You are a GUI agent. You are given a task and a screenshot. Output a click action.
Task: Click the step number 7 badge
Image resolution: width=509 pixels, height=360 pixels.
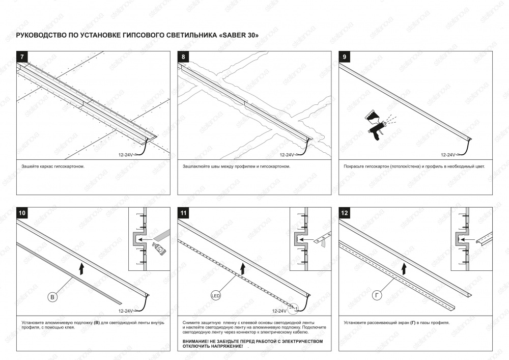click(22, 57)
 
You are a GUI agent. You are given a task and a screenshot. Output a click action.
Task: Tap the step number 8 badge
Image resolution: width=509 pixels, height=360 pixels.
click(183, 57)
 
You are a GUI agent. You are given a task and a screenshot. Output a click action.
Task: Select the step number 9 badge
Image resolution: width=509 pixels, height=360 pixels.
click(345, 57)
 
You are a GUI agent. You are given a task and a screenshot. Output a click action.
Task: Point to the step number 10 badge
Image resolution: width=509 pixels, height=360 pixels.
click(22, 213)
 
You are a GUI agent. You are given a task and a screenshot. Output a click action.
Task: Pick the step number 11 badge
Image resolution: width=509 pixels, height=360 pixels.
click(183, 213)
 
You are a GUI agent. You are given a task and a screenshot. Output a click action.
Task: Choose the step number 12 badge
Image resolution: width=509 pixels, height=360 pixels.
click(345, 213)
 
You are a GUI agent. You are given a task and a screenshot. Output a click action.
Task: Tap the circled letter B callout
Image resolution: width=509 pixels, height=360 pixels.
click(52, 297)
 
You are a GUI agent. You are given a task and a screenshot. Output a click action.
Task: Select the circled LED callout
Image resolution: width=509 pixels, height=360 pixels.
click(215, 296)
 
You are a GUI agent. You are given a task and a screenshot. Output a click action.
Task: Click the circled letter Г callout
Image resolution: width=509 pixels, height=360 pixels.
click(377, 295)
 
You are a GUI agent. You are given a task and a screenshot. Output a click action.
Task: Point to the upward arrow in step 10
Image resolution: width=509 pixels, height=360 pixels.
click(81, 269)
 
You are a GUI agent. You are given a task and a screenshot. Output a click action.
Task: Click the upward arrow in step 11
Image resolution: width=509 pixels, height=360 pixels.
click(242, 269)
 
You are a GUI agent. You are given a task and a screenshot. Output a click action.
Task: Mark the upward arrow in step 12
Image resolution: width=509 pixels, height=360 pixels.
click(404, 269)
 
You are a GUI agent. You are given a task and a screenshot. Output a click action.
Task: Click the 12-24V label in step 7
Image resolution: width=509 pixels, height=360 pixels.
click(126, 155)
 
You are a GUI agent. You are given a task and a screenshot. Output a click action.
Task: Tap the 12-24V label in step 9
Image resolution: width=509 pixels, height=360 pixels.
click(448, 155)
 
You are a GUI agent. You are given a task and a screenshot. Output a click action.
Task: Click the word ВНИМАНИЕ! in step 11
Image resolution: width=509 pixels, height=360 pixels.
click(194, 342)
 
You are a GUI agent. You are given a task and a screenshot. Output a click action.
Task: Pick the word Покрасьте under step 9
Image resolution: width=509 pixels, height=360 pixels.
click(354, 167)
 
